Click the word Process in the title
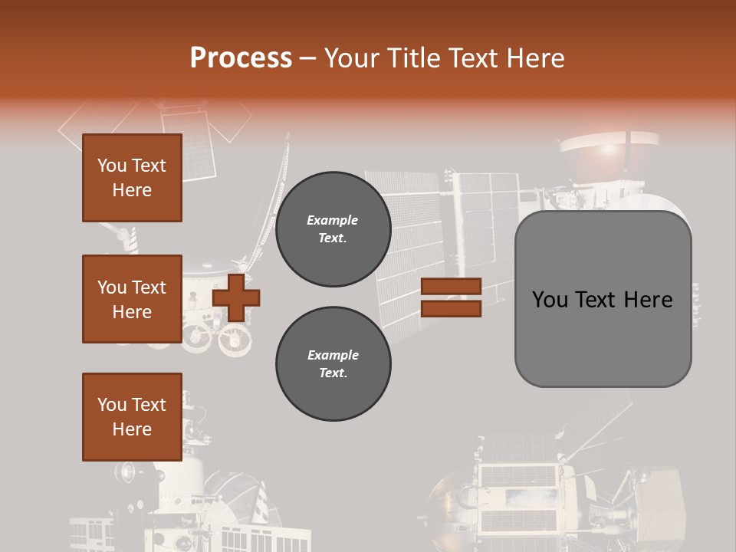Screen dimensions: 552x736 [241, 58]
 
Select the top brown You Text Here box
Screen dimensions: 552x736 [132, 178]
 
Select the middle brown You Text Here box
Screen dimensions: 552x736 [132, 299]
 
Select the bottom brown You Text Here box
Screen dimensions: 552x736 [132, 417]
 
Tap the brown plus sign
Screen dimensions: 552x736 [236, 297]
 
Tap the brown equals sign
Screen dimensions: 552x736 [451, 297]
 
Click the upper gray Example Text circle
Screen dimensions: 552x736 [333, 229]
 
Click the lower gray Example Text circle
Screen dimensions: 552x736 [333, 364]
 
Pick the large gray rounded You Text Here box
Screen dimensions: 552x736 [603, 299]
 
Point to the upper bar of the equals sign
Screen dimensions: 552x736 [451, 287]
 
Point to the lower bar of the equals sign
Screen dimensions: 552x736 [451, 308]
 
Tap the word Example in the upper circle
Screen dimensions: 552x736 [332, 220]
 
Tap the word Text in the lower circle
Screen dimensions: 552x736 [332, 373]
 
